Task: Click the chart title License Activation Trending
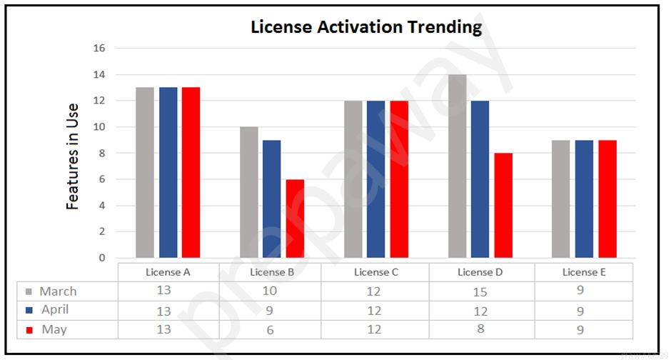click(366, 27)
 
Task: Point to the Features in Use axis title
click(72, 156)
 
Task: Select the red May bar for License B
click(295, 219)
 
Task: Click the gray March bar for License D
click(457, 166)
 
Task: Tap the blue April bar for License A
click(168, 173)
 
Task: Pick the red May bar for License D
click(503, 206)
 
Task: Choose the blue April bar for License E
click(584, 199)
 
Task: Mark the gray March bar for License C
click(353, 179)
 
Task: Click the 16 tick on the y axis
click(99, 48)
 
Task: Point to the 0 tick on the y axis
click(102, 258)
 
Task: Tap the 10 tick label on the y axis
click(99, 126)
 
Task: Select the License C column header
click(375, 272)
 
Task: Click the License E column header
click(584, 272)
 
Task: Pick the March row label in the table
click(59, 291)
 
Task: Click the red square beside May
click(29, 330)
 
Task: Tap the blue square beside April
click(29, 310)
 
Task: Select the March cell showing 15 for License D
click(480, 292)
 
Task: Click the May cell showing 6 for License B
click(270, 329)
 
